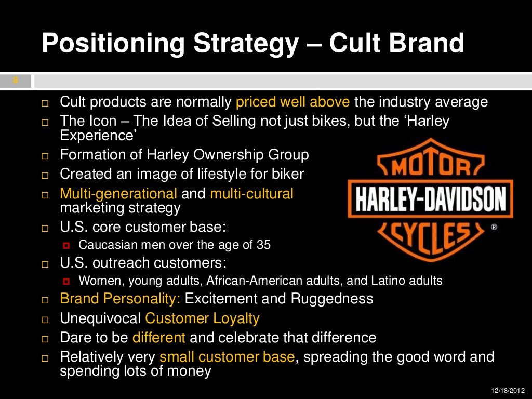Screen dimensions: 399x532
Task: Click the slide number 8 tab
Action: tap(16, 81)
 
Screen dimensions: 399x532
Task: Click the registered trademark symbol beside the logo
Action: tap(494, 228)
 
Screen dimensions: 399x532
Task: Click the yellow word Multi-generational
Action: tap(118, 194)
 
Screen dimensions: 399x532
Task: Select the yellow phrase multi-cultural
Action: tap(251, 194)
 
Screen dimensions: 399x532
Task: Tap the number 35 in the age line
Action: tap(263, 245)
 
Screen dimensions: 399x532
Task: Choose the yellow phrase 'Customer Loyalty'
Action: tap(202, 318)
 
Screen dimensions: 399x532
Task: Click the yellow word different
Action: tap(159, 338)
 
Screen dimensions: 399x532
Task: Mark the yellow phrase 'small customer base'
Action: tap(227, 357)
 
